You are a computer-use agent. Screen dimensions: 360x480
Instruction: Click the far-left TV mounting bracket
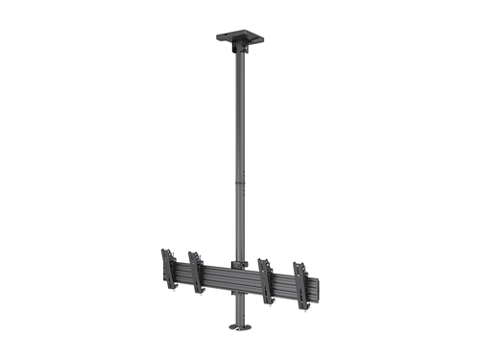pyautogui.click(x=169, y=268)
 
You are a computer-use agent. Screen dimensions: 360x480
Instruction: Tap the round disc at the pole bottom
pyautogui.click(x=241, y=327)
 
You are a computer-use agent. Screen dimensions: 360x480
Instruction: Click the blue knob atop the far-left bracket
pyautogui.click(x=164, y=251)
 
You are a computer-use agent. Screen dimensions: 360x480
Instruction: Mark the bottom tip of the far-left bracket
pyautogui.click(x=173, y=286)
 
